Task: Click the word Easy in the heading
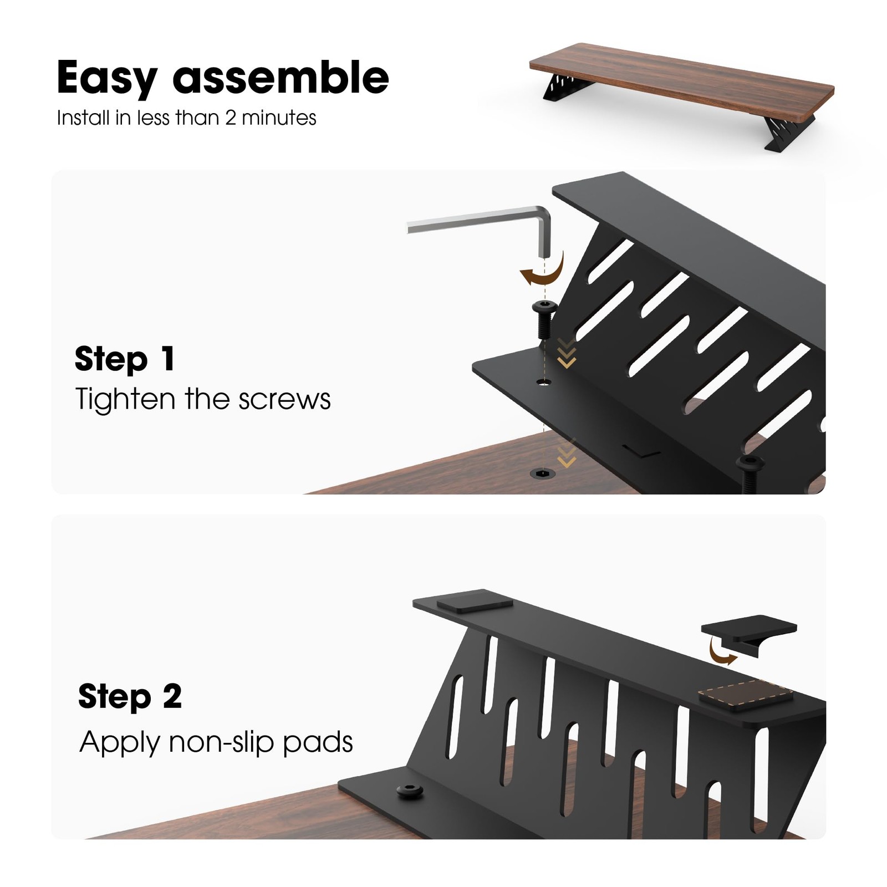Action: coord(107,78)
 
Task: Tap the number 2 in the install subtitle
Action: coord(231,118)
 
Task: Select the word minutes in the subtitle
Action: coord(279,118)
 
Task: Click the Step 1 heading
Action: coord(125,359)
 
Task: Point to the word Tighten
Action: coord(125,400)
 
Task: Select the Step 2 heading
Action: coord(130,696)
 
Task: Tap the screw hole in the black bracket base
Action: coord(544,382)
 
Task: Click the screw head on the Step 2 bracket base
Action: coord(410,791)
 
